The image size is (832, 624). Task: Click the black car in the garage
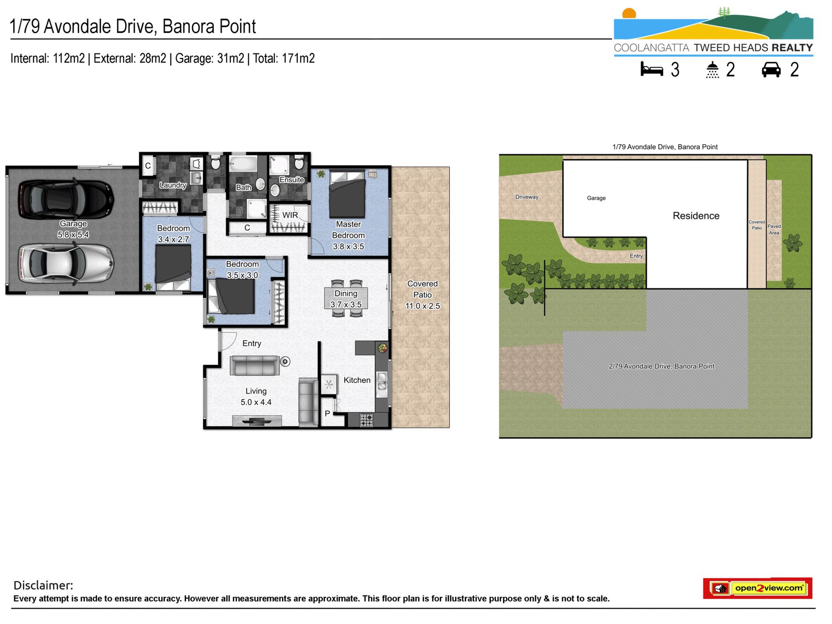click(x=66, y=199)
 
